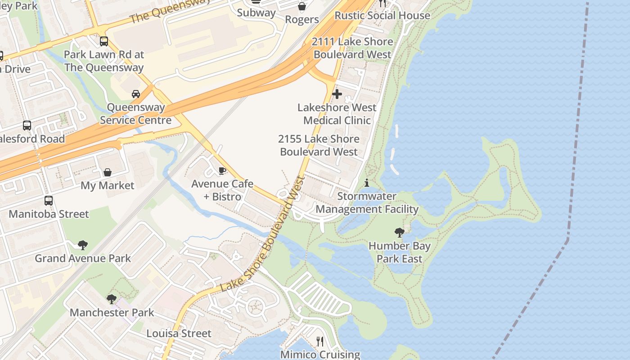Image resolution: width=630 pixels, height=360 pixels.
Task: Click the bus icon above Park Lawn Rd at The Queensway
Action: pos(104,41)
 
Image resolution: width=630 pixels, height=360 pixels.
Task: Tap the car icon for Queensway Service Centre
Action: pos(135,94)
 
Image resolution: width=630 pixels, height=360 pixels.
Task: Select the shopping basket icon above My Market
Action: pos(108,172)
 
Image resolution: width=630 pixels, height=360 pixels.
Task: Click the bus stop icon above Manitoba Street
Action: pos(49,201)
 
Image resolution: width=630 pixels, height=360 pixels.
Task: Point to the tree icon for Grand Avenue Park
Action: pos(82,245)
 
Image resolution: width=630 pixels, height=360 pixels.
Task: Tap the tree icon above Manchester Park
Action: pos(112,299)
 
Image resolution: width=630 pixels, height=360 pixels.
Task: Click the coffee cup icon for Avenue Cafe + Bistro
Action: pos(222,171)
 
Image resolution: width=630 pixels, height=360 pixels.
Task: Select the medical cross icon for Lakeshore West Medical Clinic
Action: pos(337,94)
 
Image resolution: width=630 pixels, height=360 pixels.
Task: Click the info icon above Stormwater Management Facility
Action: pos(367,183)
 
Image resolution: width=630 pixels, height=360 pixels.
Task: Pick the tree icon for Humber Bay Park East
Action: pos(399,233)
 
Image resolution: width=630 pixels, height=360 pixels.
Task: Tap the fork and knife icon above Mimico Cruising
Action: pos(320,342)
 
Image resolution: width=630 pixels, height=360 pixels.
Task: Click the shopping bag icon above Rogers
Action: pos(302,6)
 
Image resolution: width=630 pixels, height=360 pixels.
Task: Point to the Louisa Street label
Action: pos(179,333)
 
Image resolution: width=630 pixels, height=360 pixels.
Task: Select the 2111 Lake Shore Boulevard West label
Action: pos(352,48)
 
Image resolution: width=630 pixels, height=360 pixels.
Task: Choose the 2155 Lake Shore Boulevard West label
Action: pos(319,145)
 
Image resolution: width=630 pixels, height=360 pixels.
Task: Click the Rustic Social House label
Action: pos(382,15)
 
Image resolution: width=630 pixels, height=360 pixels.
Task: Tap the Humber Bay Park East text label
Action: pos(399,252)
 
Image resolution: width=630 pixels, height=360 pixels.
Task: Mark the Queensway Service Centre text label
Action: pos(135,114)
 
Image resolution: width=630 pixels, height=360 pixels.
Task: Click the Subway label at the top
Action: pos(256,13)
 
